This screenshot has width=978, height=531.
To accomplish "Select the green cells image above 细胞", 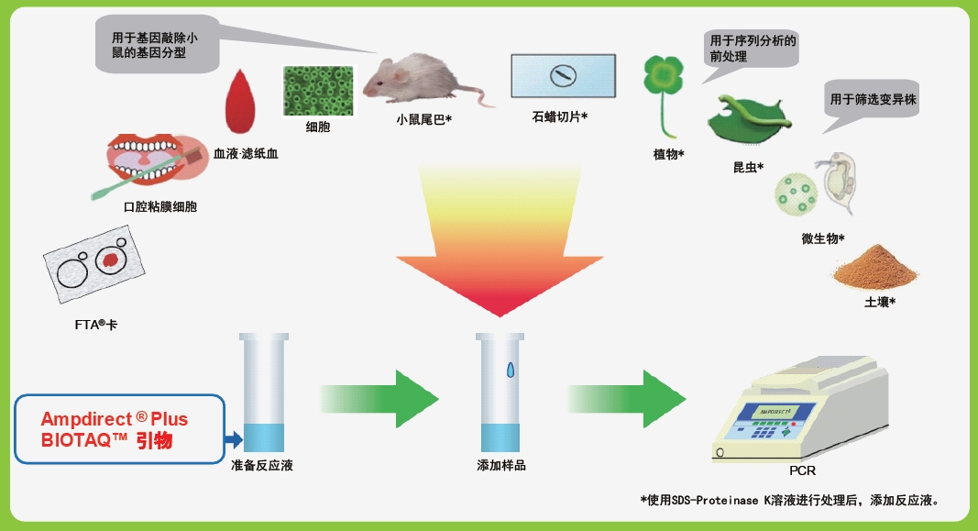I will (317, 91).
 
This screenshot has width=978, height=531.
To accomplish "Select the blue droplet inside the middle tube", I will (511, 370).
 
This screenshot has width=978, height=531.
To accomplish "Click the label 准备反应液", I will (262, 466).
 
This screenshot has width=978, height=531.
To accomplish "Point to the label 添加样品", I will (501, 466).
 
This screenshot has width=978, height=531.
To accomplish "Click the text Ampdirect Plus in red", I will (114, 419).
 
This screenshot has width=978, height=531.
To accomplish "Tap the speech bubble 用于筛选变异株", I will (873, 99).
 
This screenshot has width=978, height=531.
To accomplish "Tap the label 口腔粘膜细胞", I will (160, 207).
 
